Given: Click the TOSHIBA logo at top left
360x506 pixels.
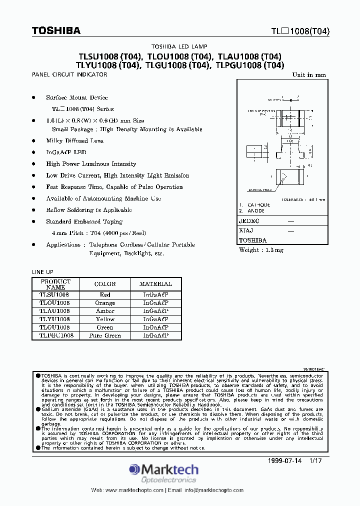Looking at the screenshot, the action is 56,30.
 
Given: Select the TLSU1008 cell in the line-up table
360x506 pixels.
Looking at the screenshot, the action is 55,295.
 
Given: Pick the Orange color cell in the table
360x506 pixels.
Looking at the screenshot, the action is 105,303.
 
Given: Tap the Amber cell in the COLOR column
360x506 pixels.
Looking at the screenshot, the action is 105,311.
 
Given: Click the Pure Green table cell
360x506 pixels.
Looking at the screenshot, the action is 105,335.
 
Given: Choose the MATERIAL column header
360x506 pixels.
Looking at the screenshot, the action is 155,283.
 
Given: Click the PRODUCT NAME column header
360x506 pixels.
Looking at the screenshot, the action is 55,284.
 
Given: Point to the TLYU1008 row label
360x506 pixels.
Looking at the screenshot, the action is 55,319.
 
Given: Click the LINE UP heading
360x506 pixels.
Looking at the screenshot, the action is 42,272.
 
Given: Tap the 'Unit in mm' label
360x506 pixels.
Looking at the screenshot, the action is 309,75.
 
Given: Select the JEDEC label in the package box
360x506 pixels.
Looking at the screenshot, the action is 249,221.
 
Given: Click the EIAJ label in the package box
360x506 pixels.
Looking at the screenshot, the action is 246,230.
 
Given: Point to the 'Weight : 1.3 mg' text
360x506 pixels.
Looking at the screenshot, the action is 261,250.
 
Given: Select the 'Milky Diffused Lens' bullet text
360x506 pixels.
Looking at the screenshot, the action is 74,141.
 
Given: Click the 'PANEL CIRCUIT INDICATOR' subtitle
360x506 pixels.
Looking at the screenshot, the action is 69,74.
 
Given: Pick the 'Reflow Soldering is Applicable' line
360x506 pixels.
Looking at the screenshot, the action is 89,210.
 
